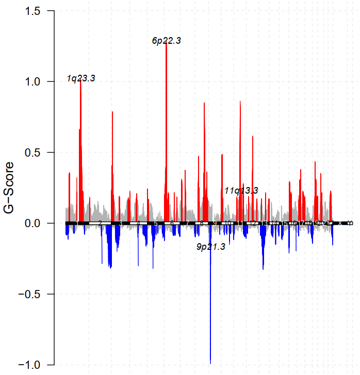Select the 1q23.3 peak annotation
point(81,78)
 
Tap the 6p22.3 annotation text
point(167,41)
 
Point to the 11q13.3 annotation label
point(241,191)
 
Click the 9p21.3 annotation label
point(211,247)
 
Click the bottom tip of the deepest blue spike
point(210,364)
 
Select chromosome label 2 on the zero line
point(100,223)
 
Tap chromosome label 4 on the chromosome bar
point(139,223)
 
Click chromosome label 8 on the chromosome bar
point(202,223)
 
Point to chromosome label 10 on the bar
point(227,223)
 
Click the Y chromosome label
point(350,223)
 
